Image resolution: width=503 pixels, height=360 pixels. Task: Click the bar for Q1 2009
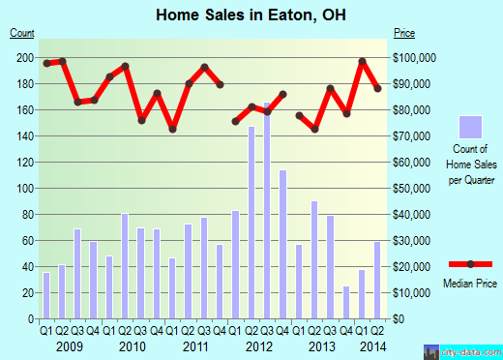[45, 295]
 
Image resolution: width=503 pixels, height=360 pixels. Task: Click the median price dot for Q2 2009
[62, 62]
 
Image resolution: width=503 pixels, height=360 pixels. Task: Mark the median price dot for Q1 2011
[172, 129]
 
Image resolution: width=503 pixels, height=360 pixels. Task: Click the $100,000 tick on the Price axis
[414, 57]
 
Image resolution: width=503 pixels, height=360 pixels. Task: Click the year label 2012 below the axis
[259, 345]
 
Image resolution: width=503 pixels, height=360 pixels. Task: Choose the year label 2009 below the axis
[70, 345]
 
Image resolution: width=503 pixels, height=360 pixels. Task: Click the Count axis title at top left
[22, 33]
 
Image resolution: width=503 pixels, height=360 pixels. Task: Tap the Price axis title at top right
[404, 33]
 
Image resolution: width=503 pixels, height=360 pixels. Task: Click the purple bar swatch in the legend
[471, 128]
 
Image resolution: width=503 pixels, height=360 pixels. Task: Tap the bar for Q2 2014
[378, 280]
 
